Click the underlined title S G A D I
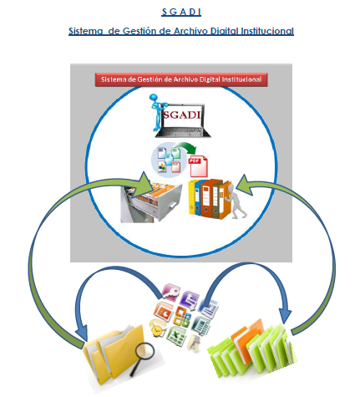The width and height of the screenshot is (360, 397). click(181, 12)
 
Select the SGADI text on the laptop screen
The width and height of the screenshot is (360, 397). click(182, 115)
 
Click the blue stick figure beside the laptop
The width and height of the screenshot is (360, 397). click(158, 113)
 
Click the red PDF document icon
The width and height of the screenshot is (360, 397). click(198, 166)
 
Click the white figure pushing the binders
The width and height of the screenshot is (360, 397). click(236, 201)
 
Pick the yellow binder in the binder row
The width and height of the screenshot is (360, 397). click(192, 197)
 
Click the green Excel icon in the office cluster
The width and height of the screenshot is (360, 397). click(176, 335)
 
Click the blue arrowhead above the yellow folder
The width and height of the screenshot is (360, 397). click(82, 332)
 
